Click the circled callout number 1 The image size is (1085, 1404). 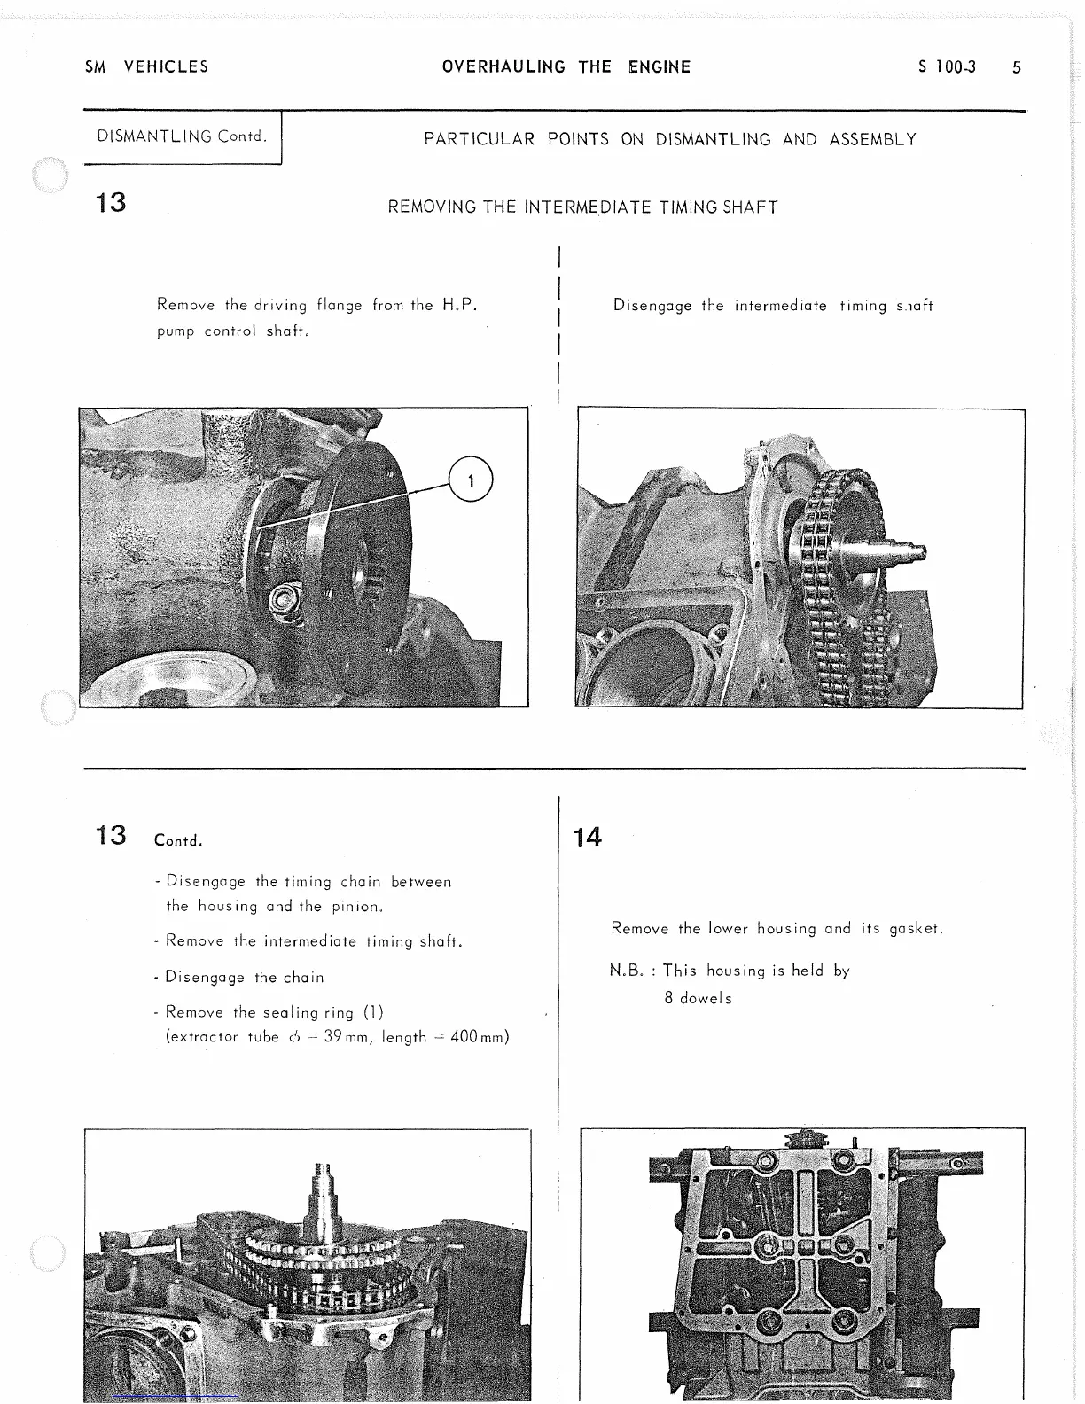pyautogui.click(x=471, y=480)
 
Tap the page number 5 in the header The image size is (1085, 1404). pyautogui.click(x=1017, y=67)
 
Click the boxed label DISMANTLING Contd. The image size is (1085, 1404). pyautogui.click(x=182, y=136)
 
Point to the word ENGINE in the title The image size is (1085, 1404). pyautogui.click(x=659, y=67)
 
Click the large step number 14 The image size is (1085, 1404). pyautogui.click(x=587, y=837)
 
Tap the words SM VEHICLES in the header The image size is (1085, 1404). pyautogui.click(x=146, y=67)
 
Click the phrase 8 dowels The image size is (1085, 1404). pyautogui.click(x=699, y=998)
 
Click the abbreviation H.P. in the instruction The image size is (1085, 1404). pyautogui.click(x=459, y=305)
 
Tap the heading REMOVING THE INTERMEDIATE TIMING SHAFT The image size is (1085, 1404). pyautogui.click(x=582, y=207)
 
